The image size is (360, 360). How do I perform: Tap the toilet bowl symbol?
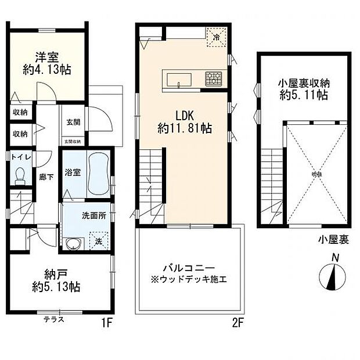tap(21, 175)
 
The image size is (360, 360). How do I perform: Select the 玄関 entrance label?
tap(73, 121)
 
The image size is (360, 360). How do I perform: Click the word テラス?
tap(54, 319)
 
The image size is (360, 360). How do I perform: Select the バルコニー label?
tap(189, 268)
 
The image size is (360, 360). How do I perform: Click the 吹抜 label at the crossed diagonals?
tap(316, 174)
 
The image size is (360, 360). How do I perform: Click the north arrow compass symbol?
tap(332, 276)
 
